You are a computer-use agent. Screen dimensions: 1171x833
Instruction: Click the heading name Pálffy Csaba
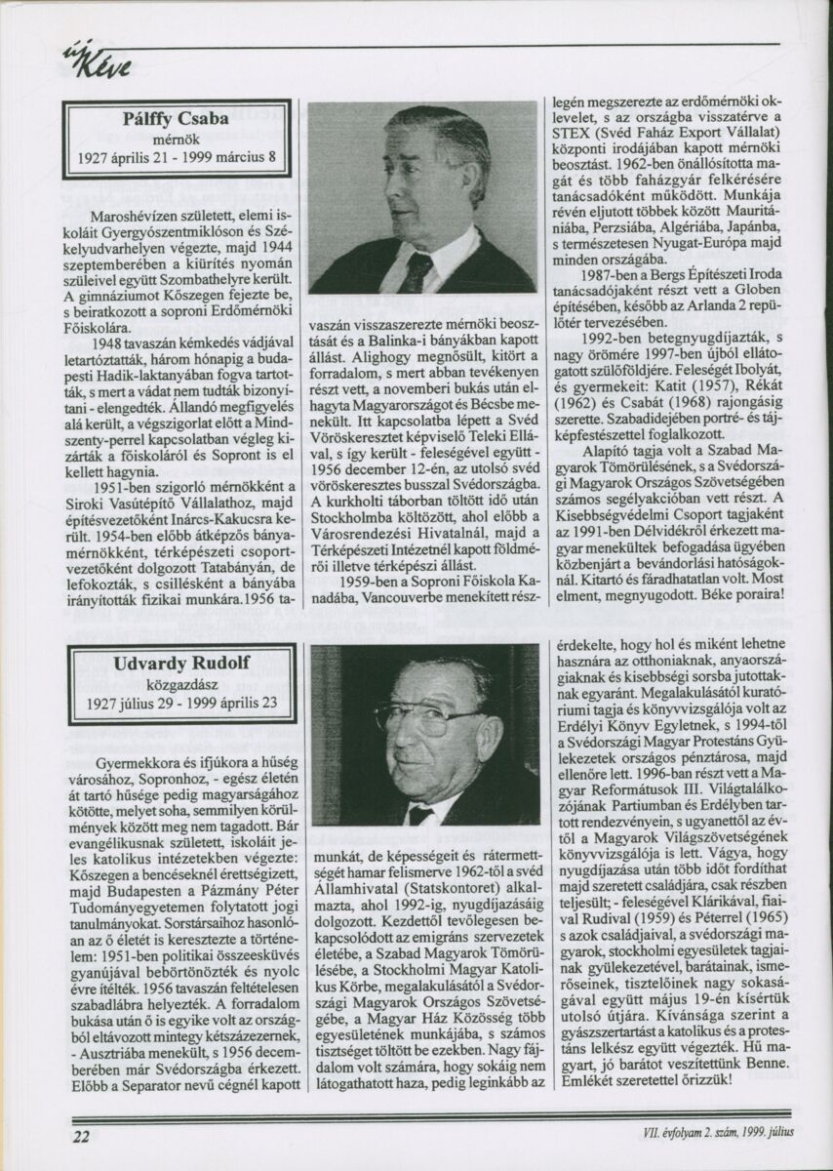point(177,119)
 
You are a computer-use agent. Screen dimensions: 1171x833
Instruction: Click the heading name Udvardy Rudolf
point(181,665)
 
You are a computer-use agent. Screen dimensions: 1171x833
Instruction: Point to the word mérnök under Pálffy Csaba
point(177,138)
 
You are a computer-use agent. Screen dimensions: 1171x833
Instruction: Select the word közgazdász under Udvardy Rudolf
point(181,683)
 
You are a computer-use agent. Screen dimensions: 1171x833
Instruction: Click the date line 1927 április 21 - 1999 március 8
point(177,156)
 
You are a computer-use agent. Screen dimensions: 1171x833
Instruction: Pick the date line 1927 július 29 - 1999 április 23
point(181,703)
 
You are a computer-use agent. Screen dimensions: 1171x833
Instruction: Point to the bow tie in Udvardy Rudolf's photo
point(420,813)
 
